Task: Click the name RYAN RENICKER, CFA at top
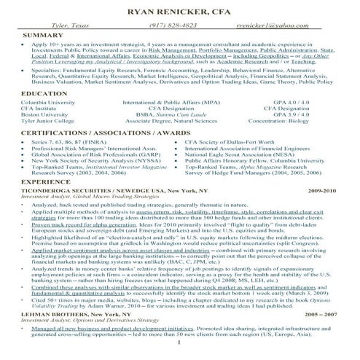180,12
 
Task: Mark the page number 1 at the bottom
179,354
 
